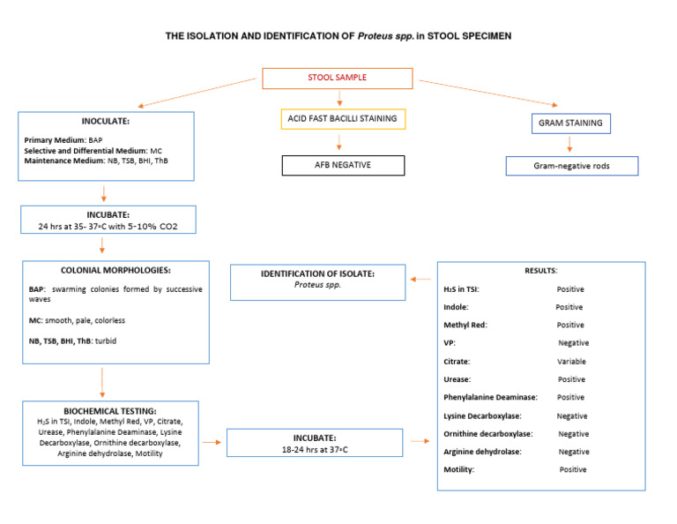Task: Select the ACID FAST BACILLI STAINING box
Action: [x=339, y=118]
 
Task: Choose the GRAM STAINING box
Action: [x=570, y=124]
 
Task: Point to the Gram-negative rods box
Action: [x=572, y=166]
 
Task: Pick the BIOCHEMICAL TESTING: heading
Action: [x=110, y=410]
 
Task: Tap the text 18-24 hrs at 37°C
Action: [x=315, y=448]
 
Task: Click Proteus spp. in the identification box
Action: [x=317, y=285]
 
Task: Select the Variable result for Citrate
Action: [x=571, y=362]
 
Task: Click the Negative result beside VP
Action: [x=573, y=343]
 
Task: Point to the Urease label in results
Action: [x=458, y=379]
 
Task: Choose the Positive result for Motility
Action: [x=572, y=470]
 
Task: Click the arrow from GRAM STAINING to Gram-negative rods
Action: [x=570, y=145]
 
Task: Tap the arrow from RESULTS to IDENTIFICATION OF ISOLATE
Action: [x=420, y=279]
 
